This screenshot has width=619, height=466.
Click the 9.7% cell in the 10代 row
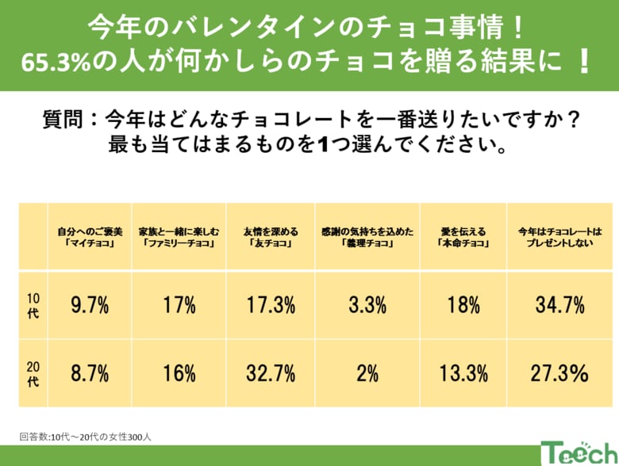point(90,305)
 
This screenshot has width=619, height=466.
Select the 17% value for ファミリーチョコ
point(179,305)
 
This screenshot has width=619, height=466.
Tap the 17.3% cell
point(273,305)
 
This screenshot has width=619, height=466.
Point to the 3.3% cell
point(367,305)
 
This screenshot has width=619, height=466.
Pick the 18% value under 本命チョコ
point(463,305)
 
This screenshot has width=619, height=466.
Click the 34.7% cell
point(559,305)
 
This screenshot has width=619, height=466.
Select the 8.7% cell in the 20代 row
point(90,373)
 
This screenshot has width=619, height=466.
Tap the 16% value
point(179,373)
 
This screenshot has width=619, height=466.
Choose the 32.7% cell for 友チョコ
point(273,373)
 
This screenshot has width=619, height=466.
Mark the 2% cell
point(367,373)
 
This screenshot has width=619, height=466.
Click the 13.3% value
point(463,373)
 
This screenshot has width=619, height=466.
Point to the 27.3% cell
point(559,373)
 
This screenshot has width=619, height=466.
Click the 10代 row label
point(33,305)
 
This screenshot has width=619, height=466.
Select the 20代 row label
point(33,373)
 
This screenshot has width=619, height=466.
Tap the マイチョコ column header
point(90,237)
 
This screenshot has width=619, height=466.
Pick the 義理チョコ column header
point(367,237)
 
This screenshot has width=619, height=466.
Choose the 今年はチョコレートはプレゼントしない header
point(559,237)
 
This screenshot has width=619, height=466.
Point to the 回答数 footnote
point(87,435)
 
